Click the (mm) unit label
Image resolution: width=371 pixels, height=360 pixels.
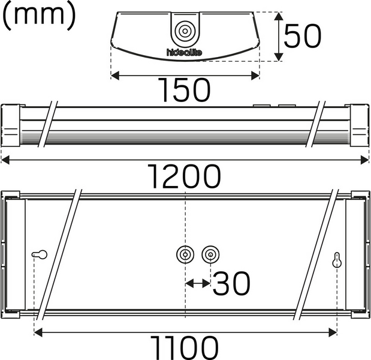40,16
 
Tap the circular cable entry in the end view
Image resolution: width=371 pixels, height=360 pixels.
185,31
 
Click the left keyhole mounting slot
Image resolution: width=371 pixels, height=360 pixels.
40,254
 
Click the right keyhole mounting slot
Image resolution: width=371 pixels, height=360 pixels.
337,260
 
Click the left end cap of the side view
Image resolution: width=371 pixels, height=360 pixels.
11,125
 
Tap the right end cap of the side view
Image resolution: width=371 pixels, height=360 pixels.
358,125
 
